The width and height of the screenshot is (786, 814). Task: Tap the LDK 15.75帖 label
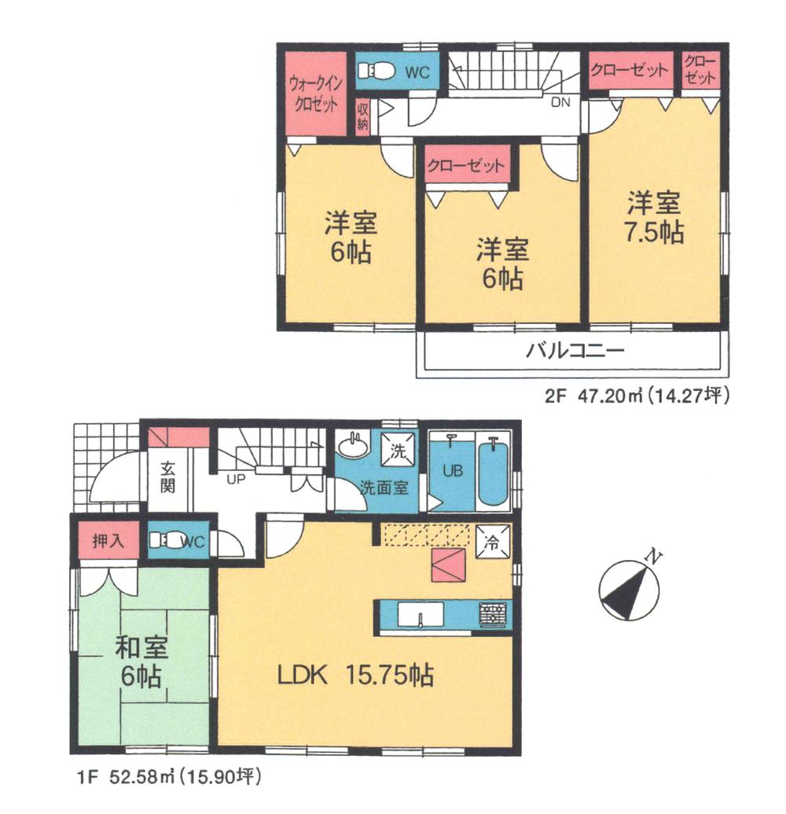pos(354,675)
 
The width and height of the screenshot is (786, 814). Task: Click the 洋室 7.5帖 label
pos(654,218)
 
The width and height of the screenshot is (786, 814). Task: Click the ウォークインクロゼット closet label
pos(314,93)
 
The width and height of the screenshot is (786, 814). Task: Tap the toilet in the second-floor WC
pos(377,73)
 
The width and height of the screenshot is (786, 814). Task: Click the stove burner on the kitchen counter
pos(492,614)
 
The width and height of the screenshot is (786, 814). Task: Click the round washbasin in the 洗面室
pos(351,446)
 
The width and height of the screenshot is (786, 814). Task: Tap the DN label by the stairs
pos(560,101)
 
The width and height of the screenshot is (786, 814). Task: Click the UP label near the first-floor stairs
pos(233,477)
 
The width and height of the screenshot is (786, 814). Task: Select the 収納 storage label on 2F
pos(363,116)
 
